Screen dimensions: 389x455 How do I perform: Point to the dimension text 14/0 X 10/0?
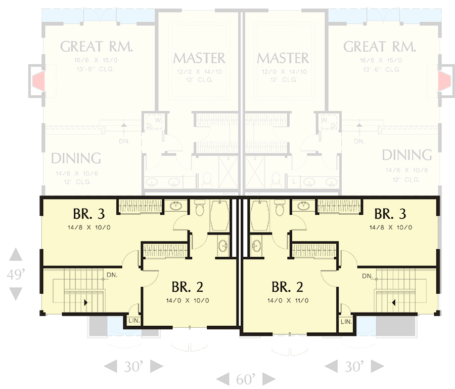click(188, 300)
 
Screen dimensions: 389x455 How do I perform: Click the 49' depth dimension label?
click(16, 275)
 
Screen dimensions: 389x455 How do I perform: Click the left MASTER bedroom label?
click(199, 58)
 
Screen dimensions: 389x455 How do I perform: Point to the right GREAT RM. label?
click(380, 47)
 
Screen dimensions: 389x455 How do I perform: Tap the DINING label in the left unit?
click(76, 158)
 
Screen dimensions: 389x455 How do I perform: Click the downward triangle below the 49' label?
click(16, 293)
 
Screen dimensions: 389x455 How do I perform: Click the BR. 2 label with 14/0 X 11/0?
click(287, 287)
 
